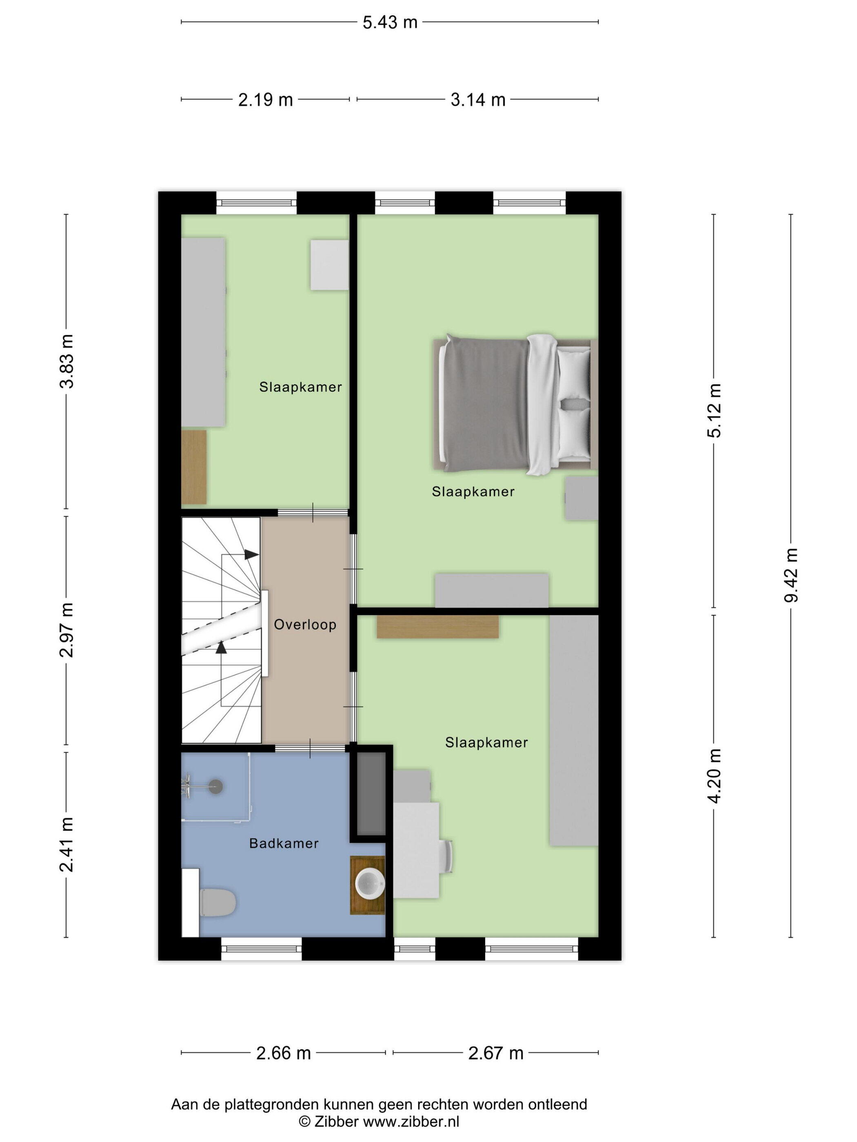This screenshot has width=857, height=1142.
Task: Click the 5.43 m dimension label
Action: click(389, 22)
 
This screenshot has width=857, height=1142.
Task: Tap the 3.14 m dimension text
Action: click(477, 99)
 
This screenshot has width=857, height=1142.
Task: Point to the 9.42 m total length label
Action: click(791, 575)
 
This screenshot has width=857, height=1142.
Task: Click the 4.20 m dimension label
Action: click(714, 775)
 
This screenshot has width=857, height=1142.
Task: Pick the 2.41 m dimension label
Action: click(67, 845)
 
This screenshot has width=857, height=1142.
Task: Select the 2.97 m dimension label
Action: click(67, 630)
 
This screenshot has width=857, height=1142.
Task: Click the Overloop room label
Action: click(305, 625)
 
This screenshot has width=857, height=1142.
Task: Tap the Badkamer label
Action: click(284, 843)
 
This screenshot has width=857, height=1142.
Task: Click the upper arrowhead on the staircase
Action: click(251, 554)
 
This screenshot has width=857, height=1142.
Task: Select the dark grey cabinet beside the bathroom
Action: click(371, 793)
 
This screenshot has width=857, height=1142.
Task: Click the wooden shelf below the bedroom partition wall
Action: click(437, 627)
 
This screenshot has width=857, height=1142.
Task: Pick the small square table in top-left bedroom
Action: click(329, 264)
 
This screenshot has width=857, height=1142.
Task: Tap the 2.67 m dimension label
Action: click(495, 1053)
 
